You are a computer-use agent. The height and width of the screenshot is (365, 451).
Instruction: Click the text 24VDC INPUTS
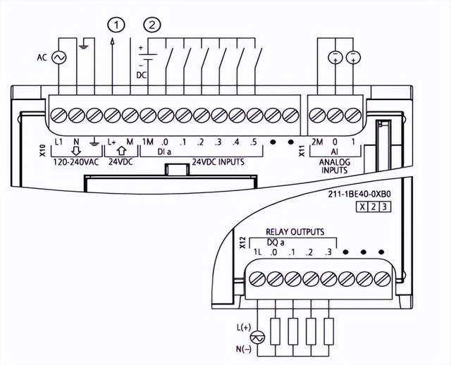tap(218, 161)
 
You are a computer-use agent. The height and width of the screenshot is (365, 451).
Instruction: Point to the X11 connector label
tap(303, 149)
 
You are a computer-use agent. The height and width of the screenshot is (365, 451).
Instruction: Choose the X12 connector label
tap(243, 243)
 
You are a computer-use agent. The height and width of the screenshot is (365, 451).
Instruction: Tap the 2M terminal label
tap(317, 142)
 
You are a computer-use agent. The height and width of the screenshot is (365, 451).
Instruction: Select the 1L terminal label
tap(259, 252)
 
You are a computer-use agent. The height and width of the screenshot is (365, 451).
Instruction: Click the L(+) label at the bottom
tap(244, 328)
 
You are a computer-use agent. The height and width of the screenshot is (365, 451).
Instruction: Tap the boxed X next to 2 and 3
tap(362, 206)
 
